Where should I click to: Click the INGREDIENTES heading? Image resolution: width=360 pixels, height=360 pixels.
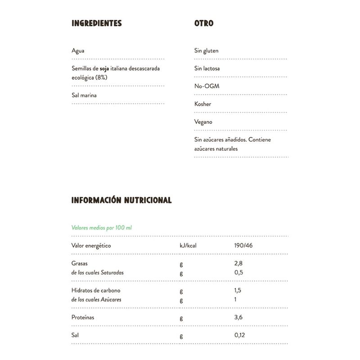(97, 23)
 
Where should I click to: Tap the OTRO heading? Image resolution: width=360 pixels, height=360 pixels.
(203, 23)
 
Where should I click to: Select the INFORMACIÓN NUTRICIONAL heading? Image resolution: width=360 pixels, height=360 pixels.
(121, 200)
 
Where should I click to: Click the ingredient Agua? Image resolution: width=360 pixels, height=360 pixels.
(78, 50)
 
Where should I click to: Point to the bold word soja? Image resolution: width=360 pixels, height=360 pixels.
(105, 69)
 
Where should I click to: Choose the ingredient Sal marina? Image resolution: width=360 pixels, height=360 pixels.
(84, 95)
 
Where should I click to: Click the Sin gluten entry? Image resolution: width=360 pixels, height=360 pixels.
(206, 51)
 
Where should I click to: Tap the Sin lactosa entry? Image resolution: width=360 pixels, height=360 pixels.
(207, 68)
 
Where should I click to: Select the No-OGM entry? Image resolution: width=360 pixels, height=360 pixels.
(207, 86)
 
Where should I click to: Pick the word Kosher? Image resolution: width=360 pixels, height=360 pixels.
(202, 104)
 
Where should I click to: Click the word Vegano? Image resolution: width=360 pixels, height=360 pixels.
(203, 121)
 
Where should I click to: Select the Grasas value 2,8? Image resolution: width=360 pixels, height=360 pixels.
(238, 264)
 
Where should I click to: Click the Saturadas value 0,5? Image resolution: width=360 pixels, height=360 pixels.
(238, 273)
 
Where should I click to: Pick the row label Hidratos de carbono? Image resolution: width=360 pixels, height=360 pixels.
(96, 291)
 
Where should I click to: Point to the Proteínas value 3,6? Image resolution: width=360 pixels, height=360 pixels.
(238, 318)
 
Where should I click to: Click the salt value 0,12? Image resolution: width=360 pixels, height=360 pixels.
(240, 335)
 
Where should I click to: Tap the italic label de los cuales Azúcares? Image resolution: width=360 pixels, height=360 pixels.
(96, 300)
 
